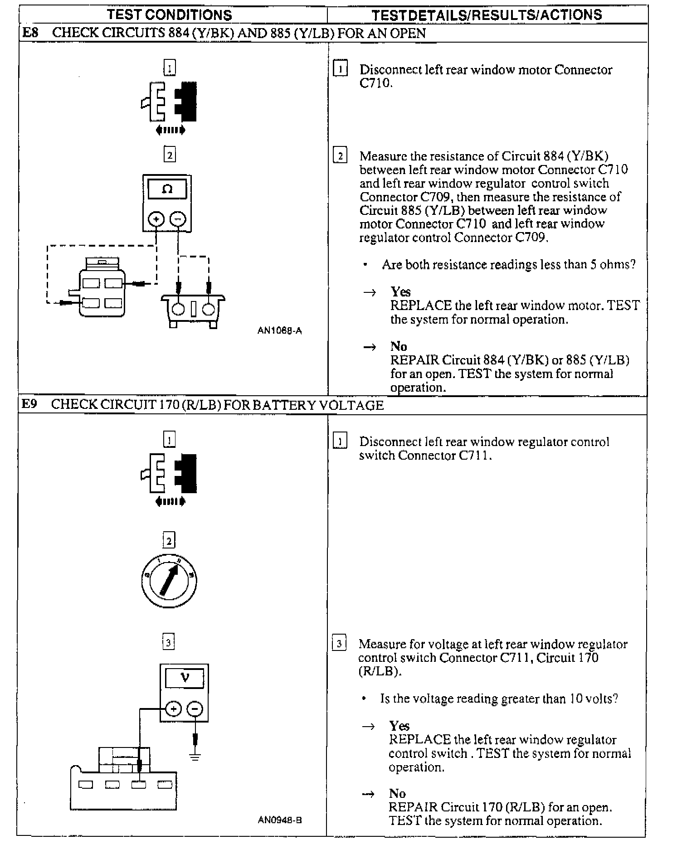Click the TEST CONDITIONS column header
[170, 15]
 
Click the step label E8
[30, 33]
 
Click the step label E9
[29, 404]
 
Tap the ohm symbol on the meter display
[167, 189]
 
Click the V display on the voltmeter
[184, 679]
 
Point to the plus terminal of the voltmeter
[173, 708]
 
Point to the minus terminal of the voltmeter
[195, 708]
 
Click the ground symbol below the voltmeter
[195, 756]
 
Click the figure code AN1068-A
[279, 331]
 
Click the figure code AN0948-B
[280, 820]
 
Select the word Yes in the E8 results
[400, 291]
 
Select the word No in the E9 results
[397, 793]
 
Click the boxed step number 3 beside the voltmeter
[168, 642]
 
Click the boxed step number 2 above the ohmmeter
[169, 155]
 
